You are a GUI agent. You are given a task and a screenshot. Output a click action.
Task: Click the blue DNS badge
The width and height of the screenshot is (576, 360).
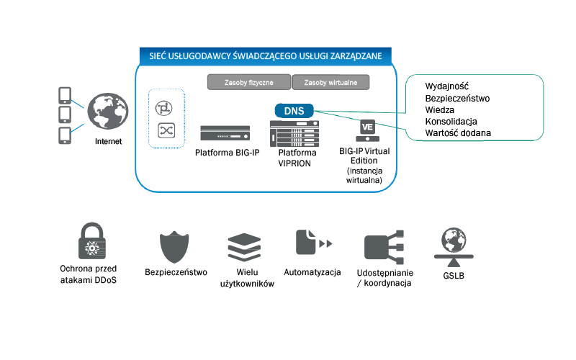(294, 112)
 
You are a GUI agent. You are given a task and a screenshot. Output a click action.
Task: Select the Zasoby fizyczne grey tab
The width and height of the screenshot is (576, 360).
(248, 82)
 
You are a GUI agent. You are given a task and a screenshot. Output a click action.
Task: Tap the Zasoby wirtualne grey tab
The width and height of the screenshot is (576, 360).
(331, 82)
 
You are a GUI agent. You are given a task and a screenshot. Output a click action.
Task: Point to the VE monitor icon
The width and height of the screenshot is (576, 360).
(367, 130)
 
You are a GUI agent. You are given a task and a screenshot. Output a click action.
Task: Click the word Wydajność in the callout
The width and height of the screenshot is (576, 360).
(447, 86)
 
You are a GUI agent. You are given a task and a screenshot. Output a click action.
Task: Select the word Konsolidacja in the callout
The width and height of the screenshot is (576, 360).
(451, 122)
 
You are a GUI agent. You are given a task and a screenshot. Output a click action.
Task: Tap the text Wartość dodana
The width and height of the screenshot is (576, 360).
(459, 133)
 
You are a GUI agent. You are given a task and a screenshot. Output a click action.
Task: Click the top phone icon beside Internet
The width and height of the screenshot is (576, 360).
(64, 96)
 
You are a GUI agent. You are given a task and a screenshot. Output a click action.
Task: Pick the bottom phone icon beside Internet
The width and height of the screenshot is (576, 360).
(64, 135)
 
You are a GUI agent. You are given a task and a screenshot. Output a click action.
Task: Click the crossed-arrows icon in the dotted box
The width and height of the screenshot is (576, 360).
(166, 130)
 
